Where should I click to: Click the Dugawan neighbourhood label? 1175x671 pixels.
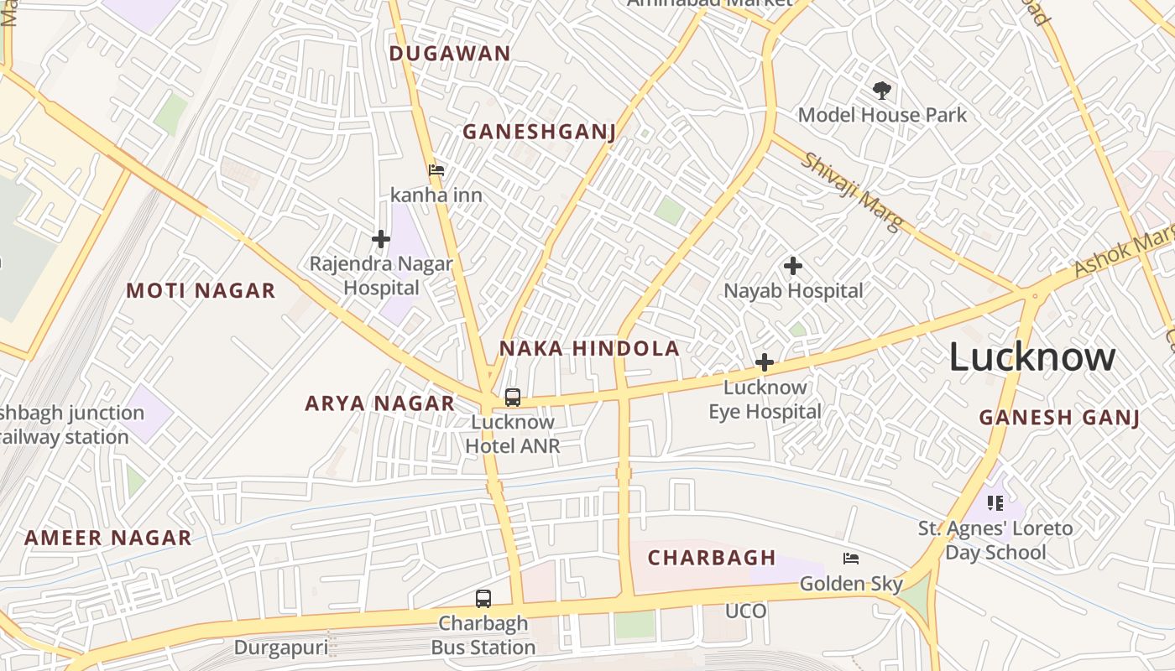(450, 54)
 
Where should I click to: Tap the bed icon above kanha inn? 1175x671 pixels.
(436, 170)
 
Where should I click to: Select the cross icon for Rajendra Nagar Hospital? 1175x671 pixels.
(381, 240)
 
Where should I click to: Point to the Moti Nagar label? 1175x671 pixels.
(201, 291)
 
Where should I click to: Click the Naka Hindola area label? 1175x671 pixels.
(589, 349)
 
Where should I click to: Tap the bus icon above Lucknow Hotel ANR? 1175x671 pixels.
(513, 398)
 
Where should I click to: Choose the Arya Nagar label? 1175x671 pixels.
(379, 403)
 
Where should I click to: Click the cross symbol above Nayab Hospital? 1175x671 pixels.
(793, 267)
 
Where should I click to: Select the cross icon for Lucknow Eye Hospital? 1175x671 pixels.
(765, 363)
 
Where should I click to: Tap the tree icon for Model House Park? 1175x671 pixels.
(881, 90)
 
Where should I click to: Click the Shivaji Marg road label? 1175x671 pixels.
(849, 192)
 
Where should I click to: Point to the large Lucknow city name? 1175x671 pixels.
(1032, 357)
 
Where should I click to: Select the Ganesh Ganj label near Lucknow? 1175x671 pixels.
(1059, 418)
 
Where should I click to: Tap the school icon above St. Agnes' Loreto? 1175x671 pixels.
(995, 503)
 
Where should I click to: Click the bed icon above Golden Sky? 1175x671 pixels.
(851, 559)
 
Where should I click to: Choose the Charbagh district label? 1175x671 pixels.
(712, 558)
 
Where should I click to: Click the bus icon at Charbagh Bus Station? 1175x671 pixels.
(483, 599)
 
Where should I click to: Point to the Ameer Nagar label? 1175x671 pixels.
(108, 538)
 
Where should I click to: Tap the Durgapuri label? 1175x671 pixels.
(281, 648)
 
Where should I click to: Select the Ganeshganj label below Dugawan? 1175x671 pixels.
(540, 133)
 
